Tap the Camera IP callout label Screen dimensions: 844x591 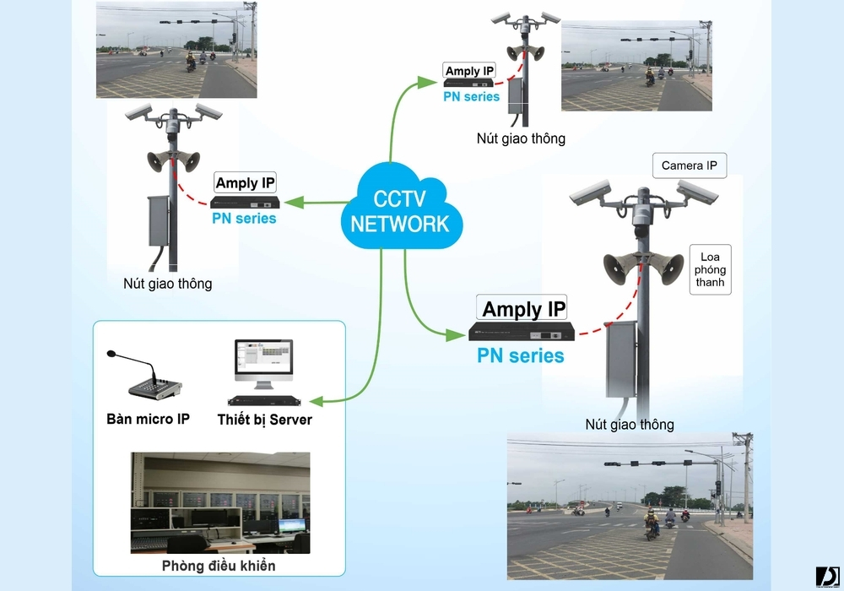(689, 165)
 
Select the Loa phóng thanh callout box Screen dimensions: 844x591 (710, 269)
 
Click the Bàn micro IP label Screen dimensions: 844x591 (148, 419)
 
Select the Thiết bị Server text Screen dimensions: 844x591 (264, 420)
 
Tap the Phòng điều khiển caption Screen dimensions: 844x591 (219, 566)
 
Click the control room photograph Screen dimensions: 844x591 (220, 502)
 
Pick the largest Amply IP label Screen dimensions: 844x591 (522, 308)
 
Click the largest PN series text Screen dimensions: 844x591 (521, 355)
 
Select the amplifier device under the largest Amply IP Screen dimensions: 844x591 (522, 332)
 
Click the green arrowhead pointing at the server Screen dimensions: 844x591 (316, 401)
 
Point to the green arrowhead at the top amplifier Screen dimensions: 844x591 (427, 82)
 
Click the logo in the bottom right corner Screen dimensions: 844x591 (827, 577)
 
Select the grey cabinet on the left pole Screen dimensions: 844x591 (160, 221)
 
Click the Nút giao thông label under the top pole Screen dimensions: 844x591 (521, 138)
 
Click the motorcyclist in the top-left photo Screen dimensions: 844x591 (191, 62)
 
